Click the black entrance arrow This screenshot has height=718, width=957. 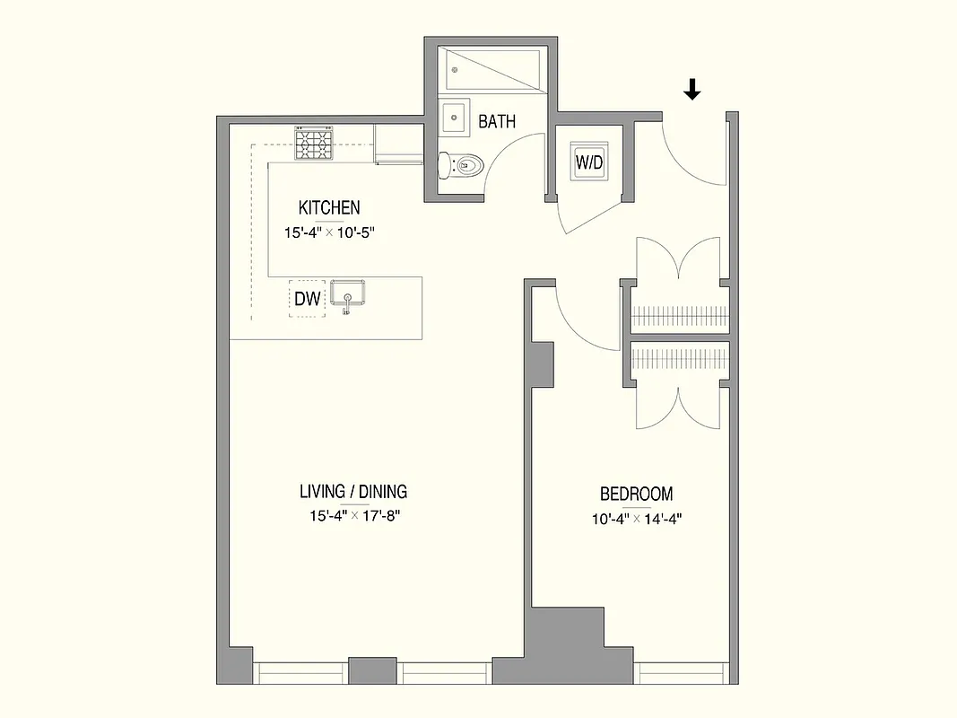[692, 89]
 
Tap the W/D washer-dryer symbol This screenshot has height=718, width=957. [590, 163]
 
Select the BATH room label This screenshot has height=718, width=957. [496, 121]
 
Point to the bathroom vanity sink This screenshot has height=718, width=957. [454, 118]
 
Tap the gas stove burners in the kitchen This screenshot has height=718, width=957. [314, 144]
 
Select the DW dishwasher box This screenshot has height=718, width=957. [307, 299]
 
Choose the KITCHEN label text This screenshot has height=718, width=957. [329, 207]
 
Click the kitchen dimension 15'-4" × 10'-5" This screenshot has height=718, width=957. [328, 232]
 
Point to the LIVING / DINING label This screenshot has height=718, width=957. [353, 491]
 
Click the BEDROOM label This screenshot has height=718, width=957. [636, 494]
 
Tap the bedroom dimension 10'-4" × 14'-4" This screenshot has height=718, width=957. [636, 518]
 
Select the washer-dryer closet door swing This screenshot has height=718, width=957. [587, 214]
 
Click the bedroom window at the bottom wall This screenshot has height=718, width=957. [681, 672]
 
